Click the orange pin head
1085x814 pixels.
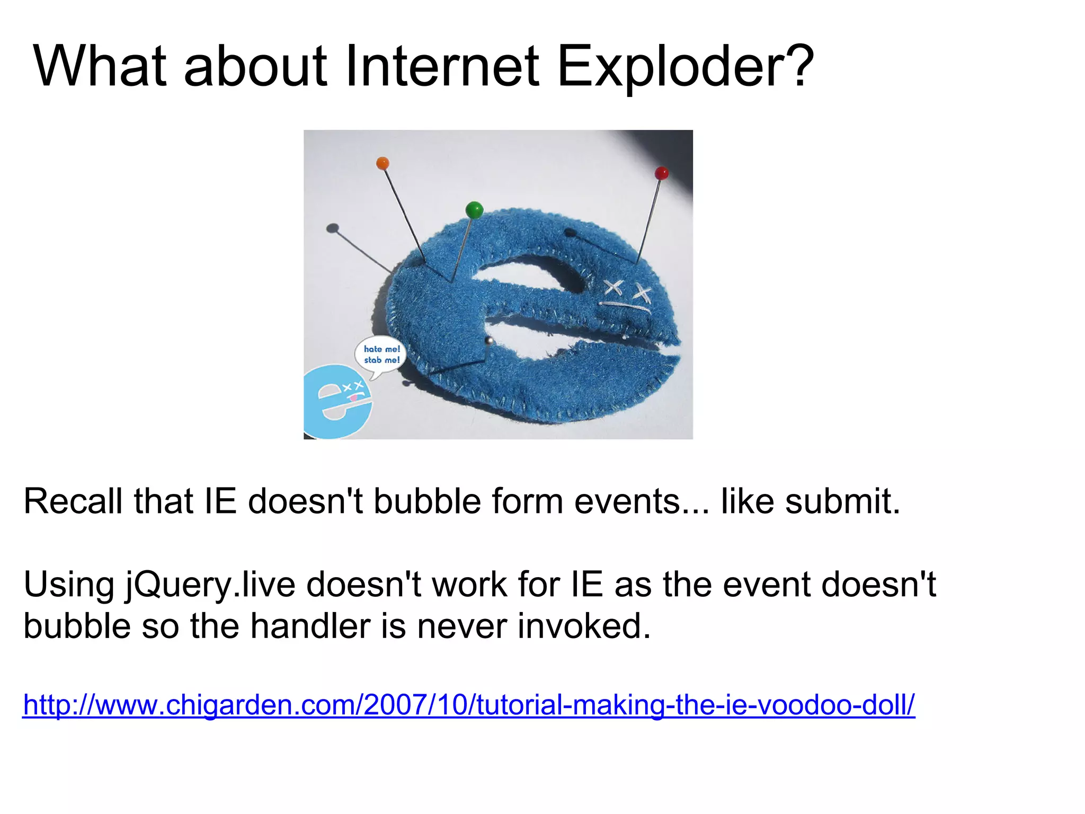(x=383, y=163)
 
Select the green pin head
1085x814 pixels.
(x=474, y=210)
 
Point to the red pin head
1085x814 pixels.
(x=662, y=173)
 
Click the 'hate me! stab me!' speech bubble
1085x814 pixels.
(x=381, y=355)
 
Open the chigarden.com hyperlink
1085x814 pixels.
(x=469, y=705)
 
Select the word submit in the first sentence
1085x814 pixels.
(x=842, y=501)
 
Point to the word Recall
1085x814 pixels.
(x=73, y=501)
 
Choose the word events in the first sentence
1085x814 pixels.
(x=641, y=501)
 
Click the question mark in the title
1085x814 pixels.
(x=798, y=67)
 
